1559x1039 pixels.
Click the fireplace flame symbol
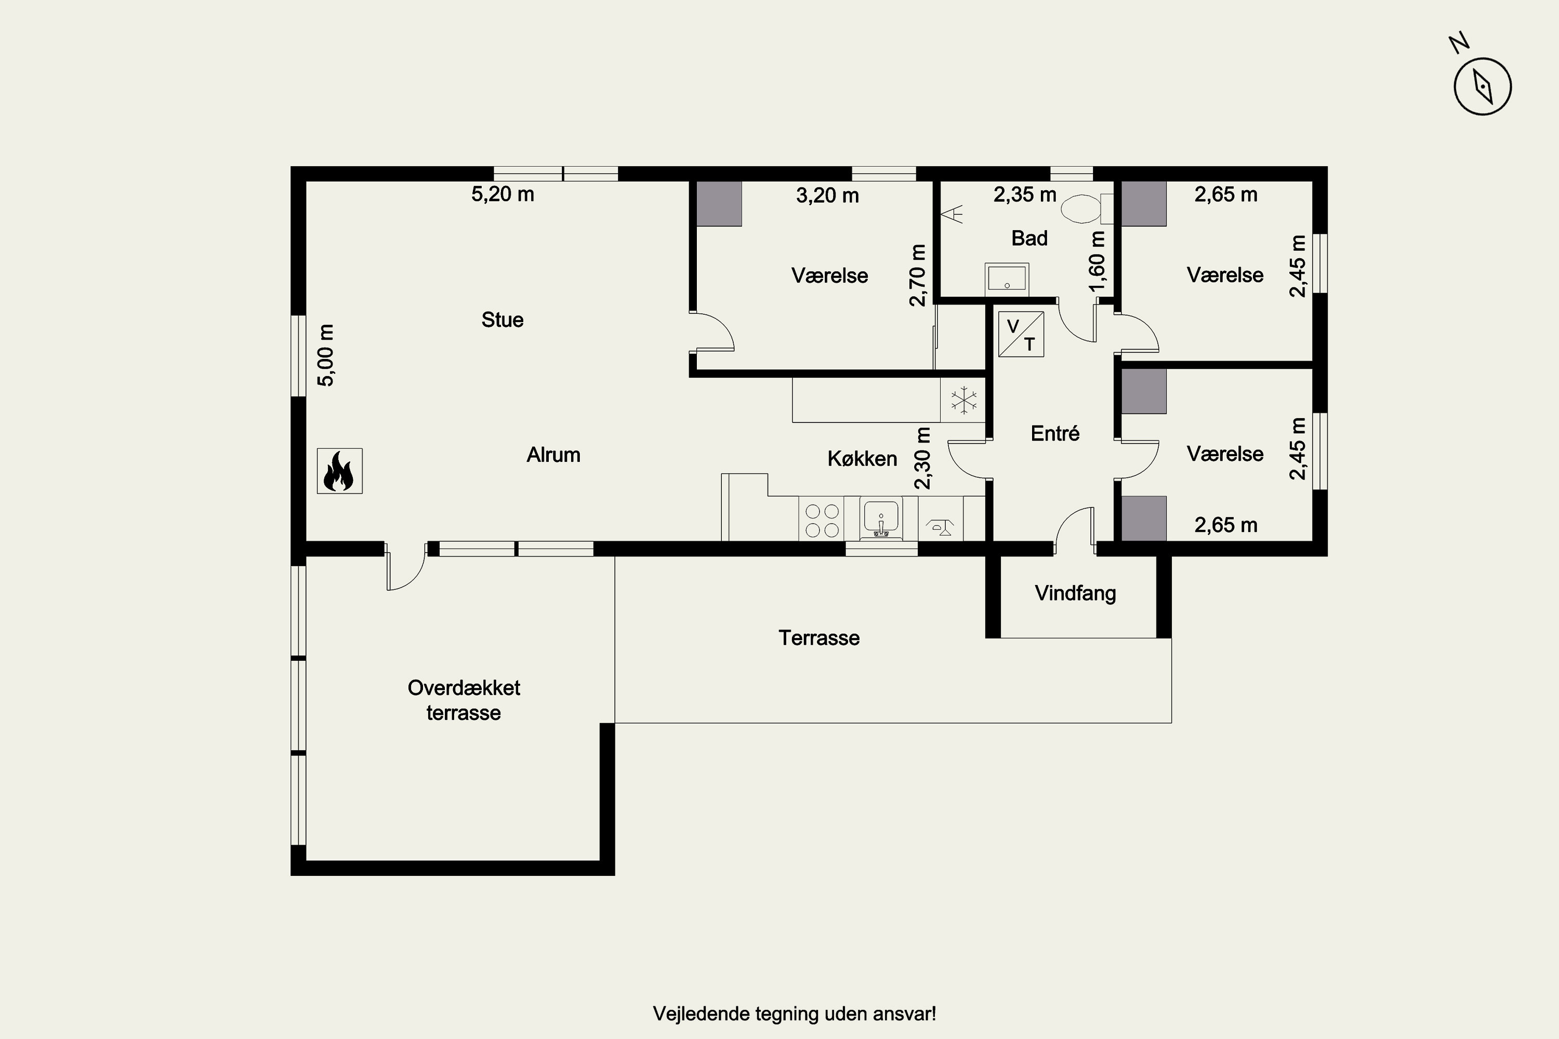(339, 471)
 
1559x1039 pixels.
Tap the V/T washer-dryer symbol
(1021, 334)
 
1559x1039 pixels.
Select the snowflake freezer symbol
(963, 399)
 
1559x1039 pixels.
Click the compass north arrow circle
(1482, 86)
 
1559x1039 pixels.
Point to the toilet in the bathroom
(1087, 209)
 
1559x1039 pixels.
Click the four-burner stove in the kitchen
(822, 520)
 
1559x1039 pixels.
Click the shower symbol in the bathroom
(953, 214)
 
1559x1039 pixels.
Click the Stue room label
(503, 320)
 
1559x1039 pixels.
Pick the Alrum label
(553, 455)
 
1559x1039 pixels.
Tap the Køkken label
(862, 459)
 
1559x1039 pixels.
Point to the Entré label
(1055, 433)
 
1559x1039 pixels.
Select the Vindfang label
(1075, 593)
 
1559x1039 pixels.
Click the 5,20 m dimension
(503, 194)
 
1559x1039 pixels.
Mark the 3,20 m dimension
(827, 195)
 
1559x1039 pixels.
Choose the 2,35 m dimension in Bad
(1025, 195)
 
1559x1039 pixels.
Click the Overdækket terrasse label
(464, 700)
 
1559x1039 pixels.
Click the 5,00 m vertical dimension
(326, 355)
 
